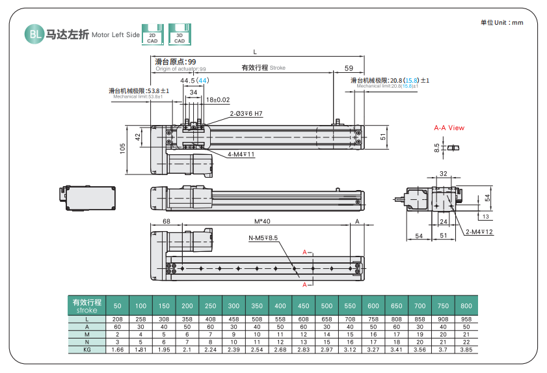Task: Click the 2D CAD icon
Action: pyautogui.click(x=152, y=34)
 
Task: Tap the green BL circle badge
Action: pyautogui.click(x=34, y=35)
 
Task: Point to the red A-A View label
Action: pyautogui.click(x=449, y=128)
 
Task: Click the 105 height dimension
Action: pyautogui.click(x=123, y=149)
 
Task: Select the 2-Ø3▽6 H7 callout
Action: pyautogui.click(x=246, y=113)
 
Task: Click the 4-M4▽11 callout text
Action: pyautogui.click(x=241, y=154)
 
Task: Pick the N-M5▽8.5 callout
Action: pyautogui.click(x=263, y=238)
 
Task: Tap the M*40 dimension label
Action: pyautogui.click(x=262, y=222)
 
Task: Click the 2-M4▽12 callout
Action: pyautogui.click(x=479, y=232)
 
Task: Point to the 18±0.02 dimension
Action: pyautogui.click(x=218, y=100)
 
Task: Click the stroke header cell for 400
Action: pyautogui.click(x=280, y=305)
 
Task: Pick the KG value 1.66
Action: pyautogui.click(x=118, y=350)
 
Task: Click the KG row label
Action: pyautogui.click(x=87, y=350)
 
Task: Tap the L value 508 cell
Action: pyautogui.click(x=257, y=319)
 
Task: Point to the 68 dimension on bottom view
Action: pyautogui.click(x=166, y=222)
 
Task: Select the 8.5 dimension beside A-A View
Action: pyautogui.click(x=436, y=148)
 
